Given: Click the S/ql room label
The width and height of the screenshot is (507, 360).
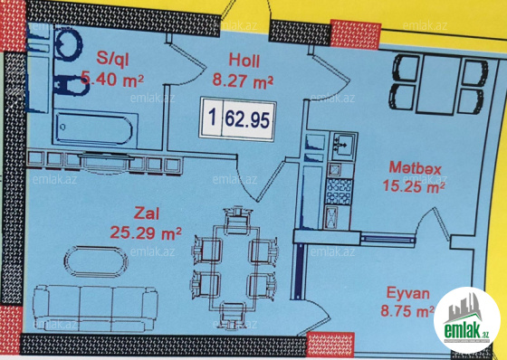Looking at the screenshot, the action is click(112, 60).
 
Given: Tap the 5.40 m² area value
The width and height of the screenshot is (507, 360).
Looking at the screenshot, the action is click(112, 80).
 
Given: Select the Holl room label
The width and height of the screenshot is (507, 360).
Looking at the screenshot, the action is click(244, 61).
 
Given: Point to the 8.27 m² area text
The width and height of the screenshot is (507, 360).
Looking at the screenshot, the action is click(243, 81).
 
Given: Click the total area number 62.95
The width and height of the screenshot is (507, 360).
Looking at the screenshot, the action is click(247, 119).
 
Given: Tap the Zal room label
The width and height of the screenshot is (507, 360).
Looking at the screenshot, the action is click(147, 213).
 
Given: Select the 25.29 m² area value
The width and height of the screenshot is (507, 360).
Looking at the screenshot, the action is click(146, 232).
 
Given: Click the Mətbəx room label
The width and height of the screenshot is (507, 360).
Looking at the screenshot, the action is click(415, 167).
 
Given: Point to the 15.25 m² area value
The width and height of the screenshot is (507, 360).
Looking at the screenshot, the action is click(414, 185).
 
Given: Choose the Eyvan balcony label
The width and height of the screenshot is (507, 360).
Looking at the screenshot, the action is click(408, 294).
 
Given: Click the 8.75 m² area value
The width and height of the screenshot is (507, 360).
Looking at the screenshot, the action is click(407, 311).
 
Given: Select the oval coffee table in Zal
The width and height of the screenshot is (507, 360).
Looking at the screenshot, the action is click(95, 261).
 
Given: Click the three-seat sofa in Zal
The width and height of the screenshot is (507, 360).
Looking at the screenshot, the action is click(95, 308).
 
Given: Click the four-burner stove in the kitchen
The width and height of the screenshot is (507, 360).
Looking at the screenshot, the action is click(339, 192).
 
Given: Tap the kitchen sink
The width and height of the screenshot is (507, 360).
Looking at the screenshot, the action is click(344, 146).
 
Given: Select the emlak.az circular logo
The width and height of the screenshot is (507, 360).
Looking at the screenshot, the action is click(467, 320).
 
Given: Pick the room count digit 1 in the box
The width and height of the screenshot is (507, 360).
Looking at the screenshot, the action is click(212, 117).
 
